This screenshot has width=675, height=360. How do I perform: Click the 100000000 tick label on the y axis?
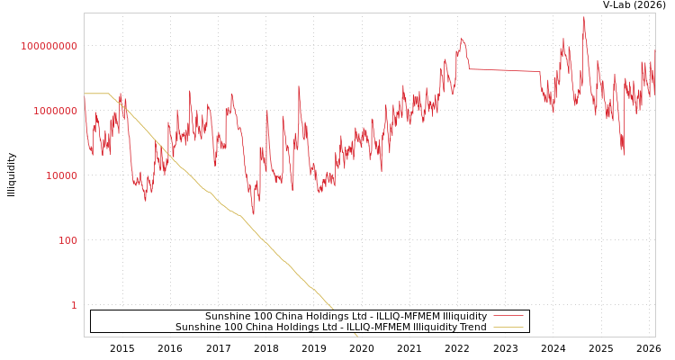pyautogui.click(x=49, y=46)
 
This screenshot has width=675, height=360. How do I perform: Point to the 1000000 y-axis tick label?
pyautogui.click(x=55, y=111)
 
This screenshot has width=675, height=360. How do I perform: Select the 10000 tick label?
pyautogui.click(x=61, y=175)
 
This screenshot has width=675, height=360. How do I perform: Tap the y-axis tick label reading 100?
pyautogui.click(x=67, y=240)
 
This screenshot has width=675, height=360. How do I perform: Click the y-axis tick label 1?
pyautogui.click(x=74, y=305)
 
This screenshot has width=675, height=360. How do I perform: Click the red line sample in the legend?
pyautogui.click(x=508, y=317)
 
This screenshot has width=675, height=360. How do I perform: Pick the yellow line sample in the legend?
pyautogui.click(x=508, y=328)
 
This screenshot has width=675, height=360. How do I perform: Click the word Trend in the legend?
pyautogui.click(x=472, y=328)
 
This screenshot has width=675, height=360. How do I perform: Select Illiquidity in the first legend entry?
pyautogui.click(x=462, y=317)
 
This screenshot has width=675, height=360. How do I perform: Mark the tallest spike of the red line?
pyautogui.click(x=583, y=17)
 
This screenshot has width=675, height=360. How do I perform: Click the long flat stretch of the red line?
pyautogui.click(x=504, y=70)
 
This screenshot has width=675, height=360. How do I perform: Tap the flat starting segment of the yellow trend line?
pyautogui.click(x=95, y=94)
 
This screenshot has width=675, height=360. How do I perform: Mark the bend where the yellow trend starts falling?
pyautogui.click(x=109, y=94)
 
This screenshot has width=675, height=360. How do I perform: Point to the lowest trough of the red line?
pyautogui.click(x=253, y=214)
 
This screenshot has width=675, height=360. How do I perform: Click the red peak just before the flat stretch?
pyautogui.click(x=462, y=38)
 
